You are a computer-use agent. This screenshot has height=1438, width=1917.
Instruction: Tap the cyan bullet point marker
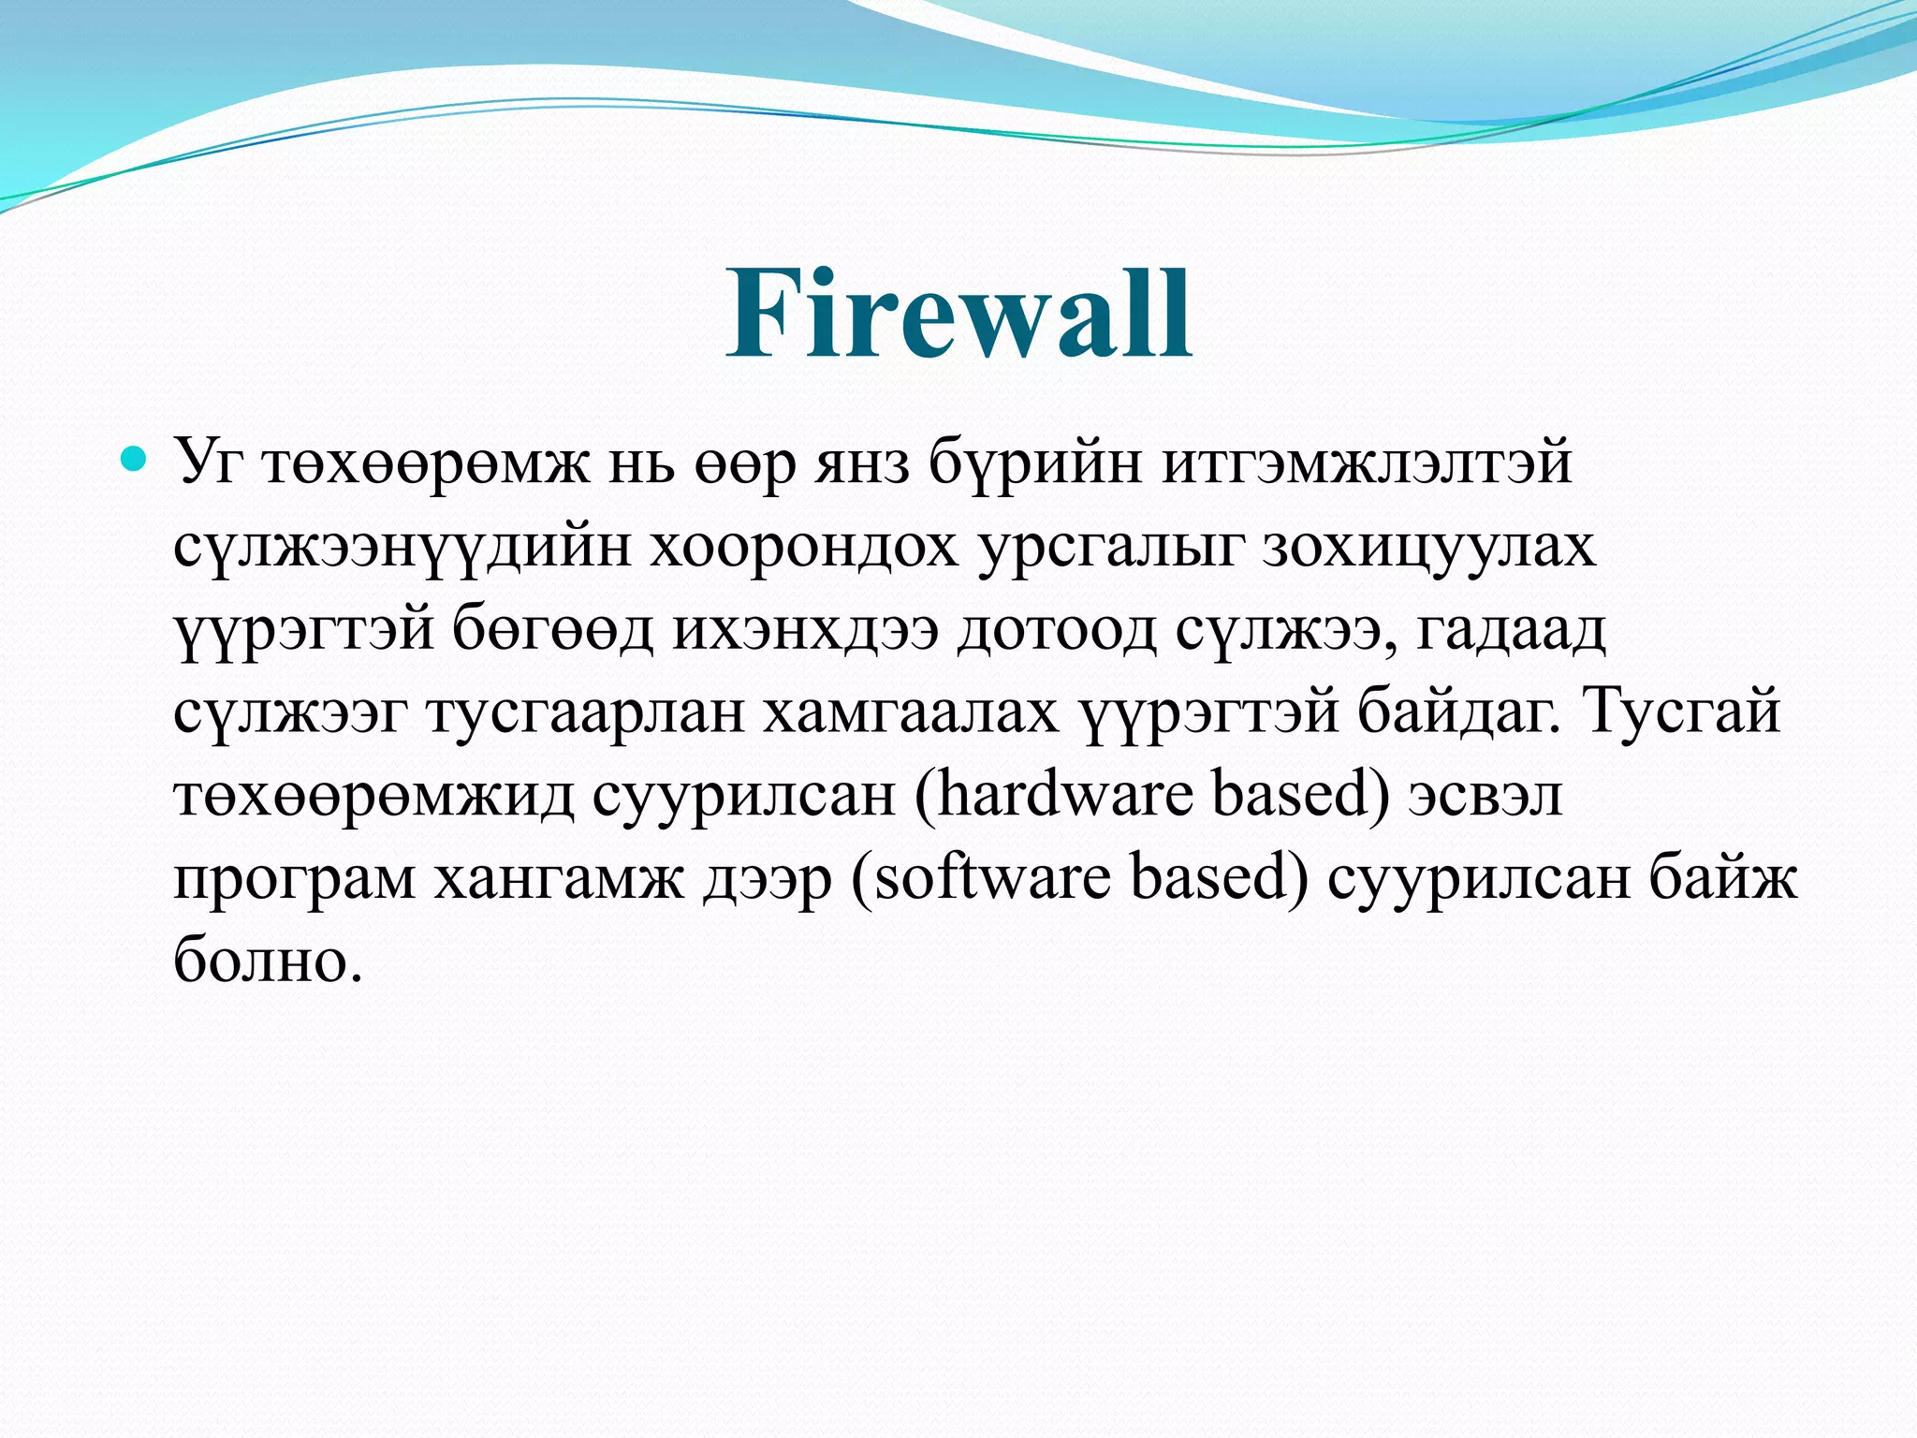135,459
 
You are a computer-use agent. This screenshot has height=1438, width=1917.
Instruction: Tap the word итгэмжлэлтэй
1367,463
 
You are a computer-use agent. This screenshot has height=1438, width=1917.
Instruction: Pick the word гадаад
1511,630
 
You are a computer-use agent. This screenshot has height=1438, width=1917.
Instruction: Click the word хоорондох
805,548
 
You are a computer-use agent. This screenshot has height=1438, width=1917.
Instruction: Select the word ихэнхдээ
805,630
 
